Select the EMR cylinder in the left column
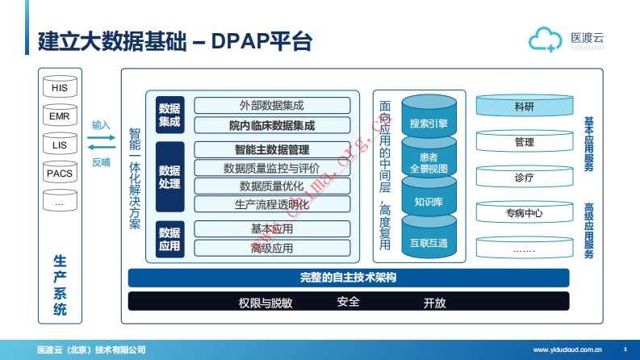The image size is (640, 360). coord(59,116)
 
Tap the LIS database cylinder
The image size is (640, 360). coord(59,145)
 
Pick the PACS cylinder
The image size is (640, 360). coord(59,174)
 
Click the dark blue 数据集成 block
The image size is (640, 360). coord(169,115)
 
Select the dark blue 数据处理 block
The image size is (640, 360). coord(169,178)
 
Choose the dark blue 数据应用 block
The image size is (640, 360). coord(169,239)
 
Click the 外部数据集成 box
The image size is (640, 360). coord(272,106)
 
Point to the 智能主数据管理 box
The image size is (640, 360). coord(272,149)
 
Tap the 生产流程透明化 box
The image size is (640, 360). coord(272,204)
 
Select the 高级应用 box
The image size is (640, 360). coord(272,248)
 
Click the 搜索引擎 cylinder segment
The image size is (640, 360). coord(429,123)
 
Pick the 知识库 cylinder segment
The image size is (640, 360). coord(429,202)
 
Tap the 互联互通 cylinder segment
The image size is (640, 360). coord(429,242)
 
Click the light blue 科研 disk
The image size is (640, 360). coord(524,107)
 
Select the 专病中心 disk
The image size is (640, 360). coord(524,213)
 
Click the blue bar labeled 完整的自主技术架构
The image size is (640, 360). coord(348,278)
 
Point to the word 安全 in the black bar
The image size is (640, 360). coord(348,302)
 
